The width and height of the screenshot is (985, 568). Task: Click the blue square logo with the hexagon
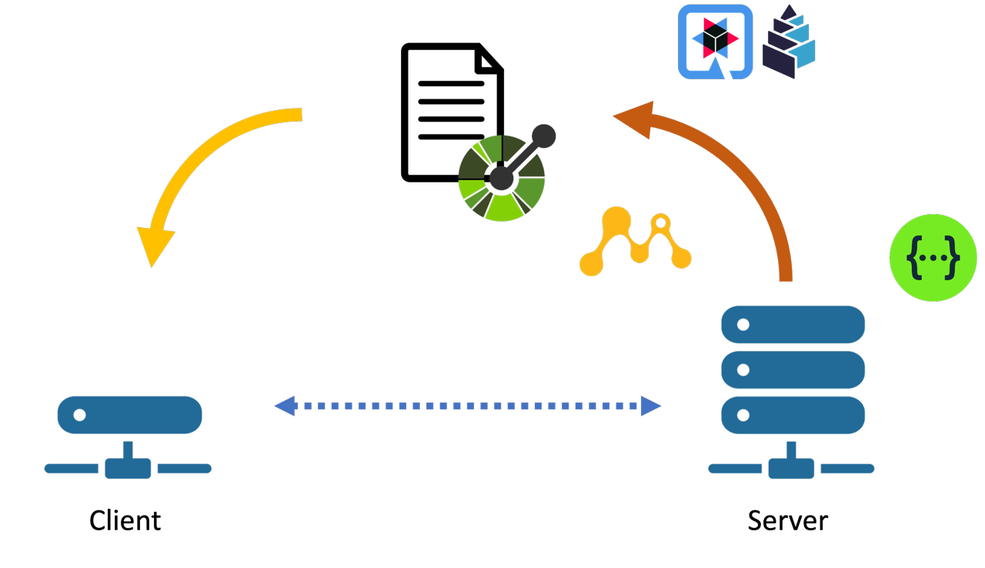pos(715,42)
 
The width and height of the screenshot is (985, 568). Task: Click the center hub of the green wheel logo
pos(501,179)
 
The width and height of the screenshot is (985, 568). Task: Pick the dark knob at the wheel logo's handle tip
pos(543,136)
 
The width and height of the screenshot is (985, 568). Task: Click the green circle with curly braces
pos(933,257)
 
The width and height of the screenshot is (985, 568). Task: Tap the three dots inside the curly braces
pos(933,258)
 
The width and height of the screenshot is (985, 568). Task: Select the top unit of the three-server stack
pos(793,324)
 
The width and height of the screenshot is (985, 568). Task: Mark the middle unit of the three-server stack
pos(793,369)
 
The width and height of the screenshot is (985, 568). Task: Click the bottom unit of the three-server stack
pos(793,415)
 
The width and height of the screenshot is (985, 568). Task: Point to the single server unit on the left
pos(129,415)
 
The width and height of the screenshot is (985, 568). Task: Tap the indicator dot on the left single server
pos(79,415)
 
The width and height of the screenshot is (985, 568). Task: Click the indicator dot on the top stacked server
pos(743,324)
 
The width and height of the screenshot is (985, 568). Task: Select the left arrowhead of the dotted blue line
pos(285,406)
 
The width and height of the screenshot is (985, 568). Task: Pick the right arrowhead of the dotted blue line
pos(650,406)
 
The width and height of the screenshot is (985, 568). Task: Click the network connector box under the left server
pos(128,468)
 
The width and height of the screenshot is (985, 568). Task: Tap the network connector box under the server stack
pos(791,468)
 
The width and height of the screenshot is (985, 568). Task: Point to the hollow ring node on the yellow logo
pos(660,223)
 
